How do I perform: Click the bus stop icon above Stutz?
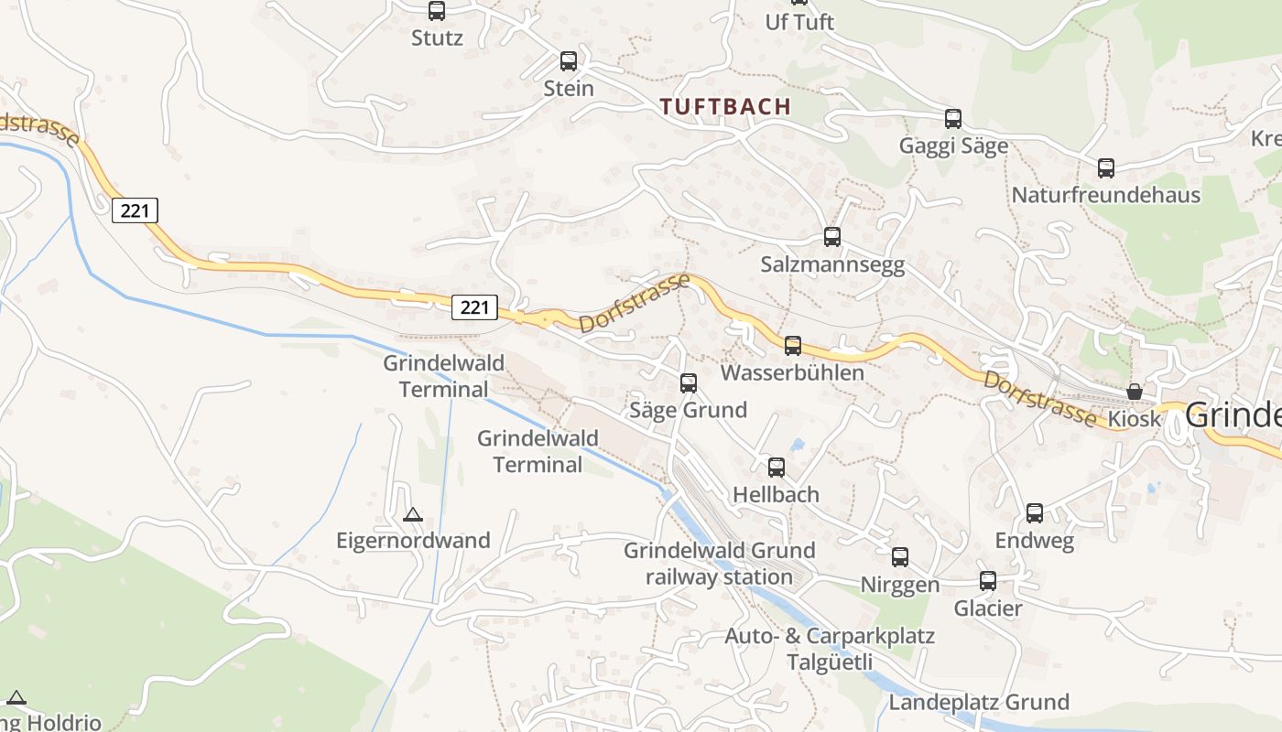[437, 11]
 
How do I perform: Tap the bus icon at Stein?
[569, 61]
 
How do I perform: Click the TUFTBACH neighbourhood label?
[725, 106]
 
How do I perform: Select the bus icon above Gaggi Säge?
[953, 119]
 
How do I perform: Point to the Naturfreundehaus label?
[1105, 195]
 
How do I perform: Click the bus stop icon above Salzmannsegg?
[832, 237]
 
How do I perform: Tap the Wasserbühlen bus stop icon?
[793, 346]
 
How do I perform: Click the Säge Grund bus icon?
[689, 383]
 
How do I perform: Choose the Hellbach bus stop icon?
[777, 468]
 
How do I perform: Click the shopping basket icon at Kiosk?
[1135, 392]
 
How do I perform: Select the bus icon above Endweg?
[1035, 513]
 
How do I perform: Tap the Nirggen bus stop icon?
[900, 557]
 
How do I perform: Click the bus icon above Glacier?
[988, 581]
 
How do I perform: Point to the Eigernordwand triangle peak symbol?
[413, 514]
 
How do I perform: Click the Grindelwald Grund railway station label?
[719, 564]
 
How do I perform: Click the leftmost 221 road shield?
[136, 210]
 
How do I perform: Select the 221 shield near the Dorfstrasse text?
[474, 307]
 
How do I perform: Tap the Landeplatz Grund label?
[979, 702]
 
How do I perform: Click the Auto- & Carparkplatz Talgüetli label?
[830, 649]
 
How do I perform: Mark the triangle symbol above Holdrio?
[16, 697]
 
